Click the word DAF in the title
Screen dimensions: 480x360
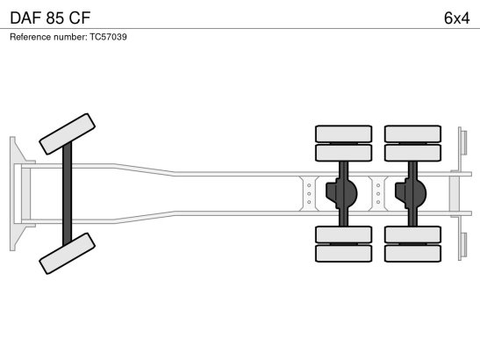coord(25,18)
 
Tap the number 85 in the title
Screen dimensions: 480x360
coord(55,18)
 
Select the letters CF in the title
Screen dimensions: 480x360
coord(80,18)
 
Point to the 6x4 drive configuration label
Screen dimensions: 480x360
coord(456,18)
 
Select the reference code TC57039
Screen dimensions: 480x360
coord(108,37)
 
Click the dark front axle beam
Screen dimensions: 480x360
coord(67,194)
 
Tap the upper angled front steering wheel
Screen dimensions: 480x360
coord(67,133)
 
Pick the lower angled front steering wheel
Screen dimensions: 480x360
coord(67,254)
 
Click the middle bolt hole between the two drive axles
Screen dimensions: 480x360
coord(378,194)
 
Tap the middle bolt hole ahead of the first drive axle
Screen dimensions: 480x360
coord(309,194)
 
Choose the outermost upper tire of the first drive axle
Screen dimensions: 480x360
coord(344,133)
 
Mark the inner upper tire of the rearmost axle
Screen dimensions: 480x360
coord(413,153)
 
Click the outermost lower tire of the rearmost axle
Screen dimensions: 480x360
coord(413,254)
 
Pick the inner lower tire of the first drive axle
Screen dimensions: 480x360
coord(344,234)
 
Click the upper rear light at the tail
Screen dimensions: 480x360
coord(464,142)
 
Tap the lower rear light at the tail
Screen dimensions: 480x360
coord(464,245)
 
